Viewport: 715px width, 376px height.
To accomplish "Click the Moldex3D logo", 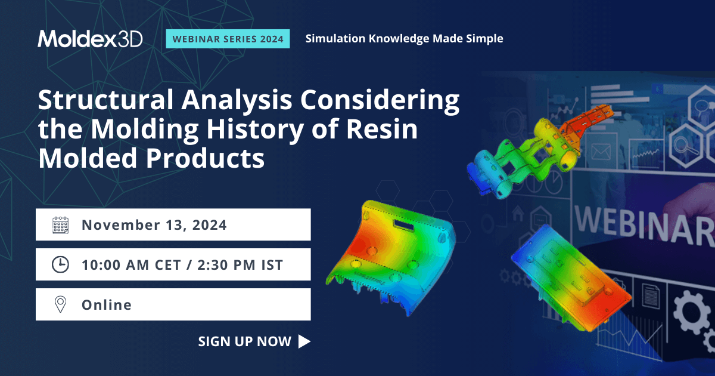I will click(x=90, y=38).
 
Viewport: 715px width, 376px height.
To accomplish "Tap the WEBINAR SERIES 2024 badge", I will click(x=228, y=39).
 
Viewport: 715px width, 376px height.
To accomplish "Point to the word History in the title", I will click(x=257, y=131).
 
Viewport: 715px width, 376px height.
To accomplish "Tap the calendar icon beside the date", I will click(x=61, y=225).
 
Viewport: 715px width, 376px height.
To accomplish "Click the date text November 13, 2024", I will click(x=154, y=225).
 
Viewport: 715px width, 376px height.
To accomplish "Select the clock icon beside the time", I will click(x=61, y=264).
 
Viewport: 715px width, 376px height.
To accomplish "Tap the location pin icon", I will click(x=61, y=304).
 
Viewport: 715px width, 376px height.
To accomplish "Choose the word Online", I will click(x=107, y=304).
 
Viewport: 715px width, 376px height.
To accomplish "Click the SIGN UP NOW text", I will click(x=245, y=341).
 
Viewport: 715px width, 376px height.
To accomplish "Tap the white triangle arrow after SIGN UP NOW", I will click(x=304, y=341).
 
